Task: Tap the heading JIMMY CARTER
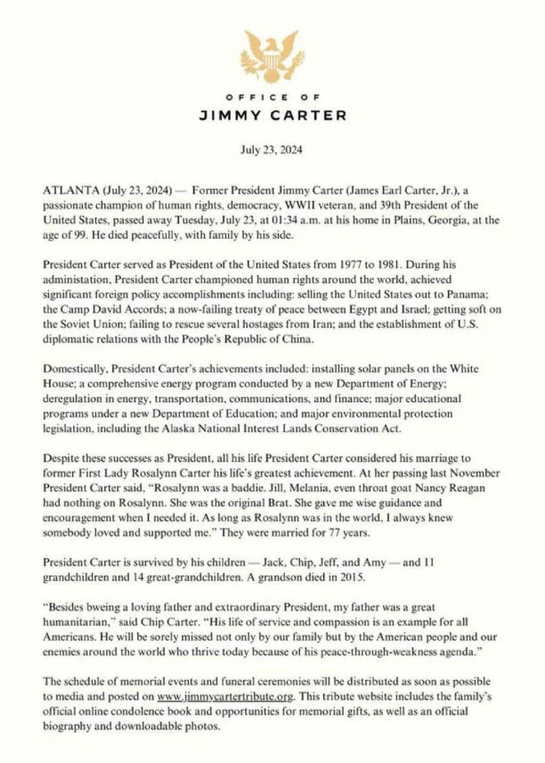(x=272, y=116)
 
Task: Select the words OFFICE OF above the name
(x=272, y=97)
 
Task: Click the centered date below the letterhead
(x=272, y=151)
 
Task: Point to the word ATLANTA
(x=65, y=191)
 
